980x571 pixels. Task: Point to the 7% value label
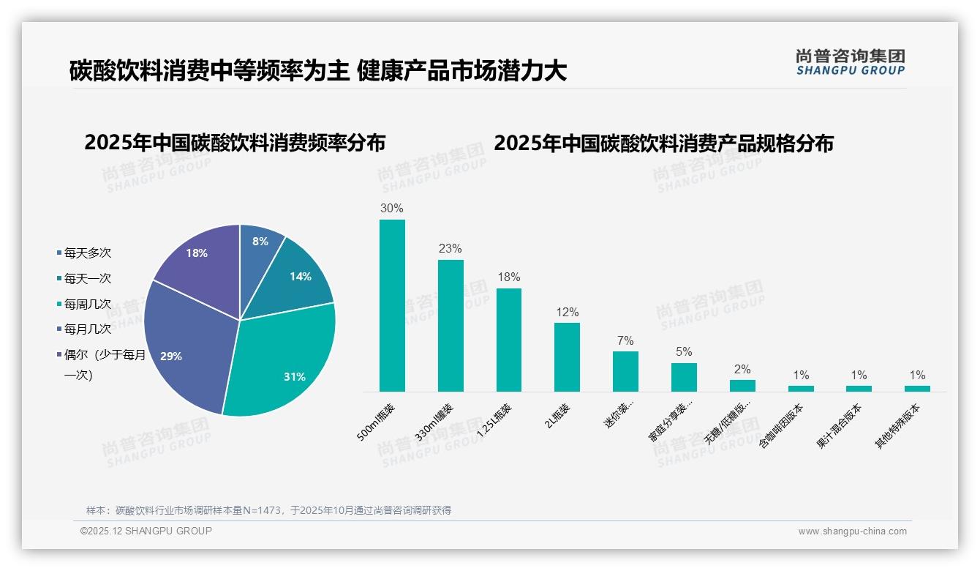point(625,341)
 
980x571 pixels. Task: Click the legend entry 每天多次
point(87,253)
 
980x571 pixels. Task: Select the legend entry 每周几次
point(87,304)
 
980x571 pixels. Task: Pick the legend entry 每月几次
point(87,329)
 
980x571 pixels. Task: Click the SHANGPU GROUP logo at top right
point(851,62)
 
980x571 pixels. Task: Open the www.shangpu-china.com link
point(852,531)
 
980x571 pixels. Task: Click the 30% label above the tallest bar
point(392,209)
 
